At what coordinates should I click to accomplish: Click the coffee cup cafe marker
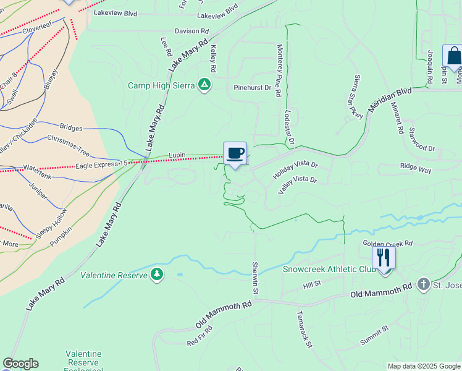pyautogui.click(x=235, y=153)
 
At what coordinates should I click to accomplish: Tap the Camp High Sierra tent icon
pyautogui.click(x=204, y=85)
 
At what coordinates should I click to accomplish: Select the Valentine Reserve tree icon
pyautogui.click(x=157, y=275)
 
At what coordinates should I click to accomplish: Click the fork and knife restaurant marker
pyautogui.click(x=384, y=257)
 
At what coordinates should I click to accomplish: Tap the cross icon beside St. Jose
pyautogui.click(x=423, y=284)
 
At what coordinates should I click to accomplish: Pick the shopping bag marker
pyautogui.click(x=453, y=56)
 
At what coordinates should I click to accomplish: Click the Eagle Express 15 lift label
pyautogui.click(x=101, y=165)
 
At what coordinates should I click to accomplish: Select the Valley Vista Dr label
pyautogui.click(x=297, y=184)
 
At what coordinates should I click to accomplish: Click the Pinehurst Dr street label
pyautogui.click(x=252, y=88)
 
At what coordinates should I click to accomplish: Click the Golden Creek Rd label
pyautogui.click(x=387, y=244)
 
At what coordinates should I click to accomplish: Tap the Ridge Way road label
pyautogui.click(x=416, y=168)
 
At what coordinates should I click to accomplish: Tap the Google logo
pyautogui.click(x=21, y=364)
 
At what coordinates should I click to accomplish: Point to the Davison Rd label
pyautogui.click(x=191, y=31)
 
